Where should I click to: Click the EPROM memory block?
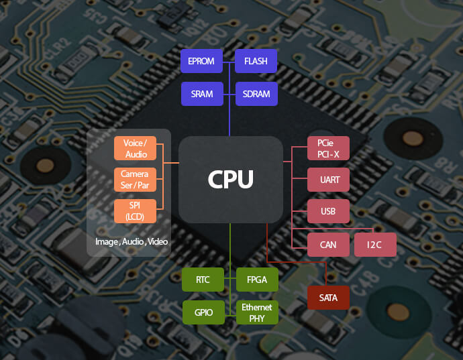tap(202, 61)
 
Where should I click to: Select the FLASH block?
tap(256, 61)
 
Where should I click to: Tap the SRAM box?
tap(202, 94)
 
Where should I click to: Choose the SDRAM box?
tap(256, 94)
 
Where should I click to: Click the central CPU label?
tap(230, 179)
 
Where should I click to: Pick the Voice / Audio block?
tap(135, 148)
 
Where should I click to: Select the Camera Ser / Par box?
tap(135, 179)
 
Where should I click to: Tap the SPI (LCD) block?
tap(135, 211)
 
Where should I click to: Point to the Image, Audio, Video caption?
tap(132, 241)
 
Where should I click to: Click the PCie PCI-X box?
tap(328, 148)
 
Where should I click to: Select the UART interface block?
tap(328, 180)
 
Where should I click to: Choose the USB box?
tap(328, 211)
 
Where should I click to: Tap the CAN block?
tap(328, 245)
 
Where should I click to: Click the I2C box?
tap(375, 245)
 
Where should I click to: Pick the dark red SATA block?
tap(328, 297)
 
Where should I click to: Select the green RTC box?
tap(203, 280)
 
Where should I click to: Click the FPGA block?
tap(256, 280)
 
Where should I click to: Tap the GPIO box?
tap(203, 312)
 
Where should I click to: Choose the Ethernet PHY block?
tap(256, 312)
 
